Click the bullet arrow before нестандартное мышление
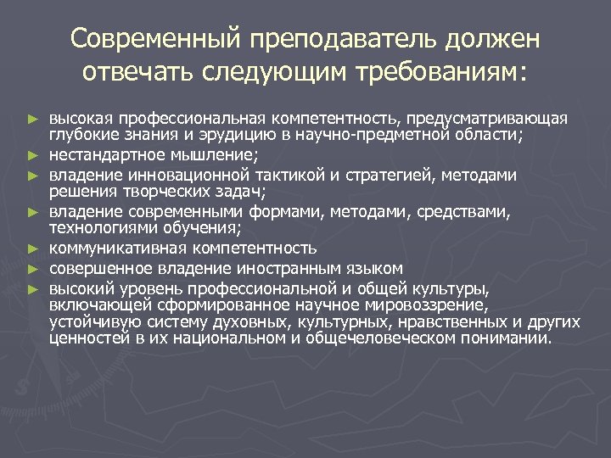(33, 156)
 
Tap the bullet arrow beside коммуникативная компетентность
(33, 249)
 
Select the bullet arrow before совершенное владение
(33, 270)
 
